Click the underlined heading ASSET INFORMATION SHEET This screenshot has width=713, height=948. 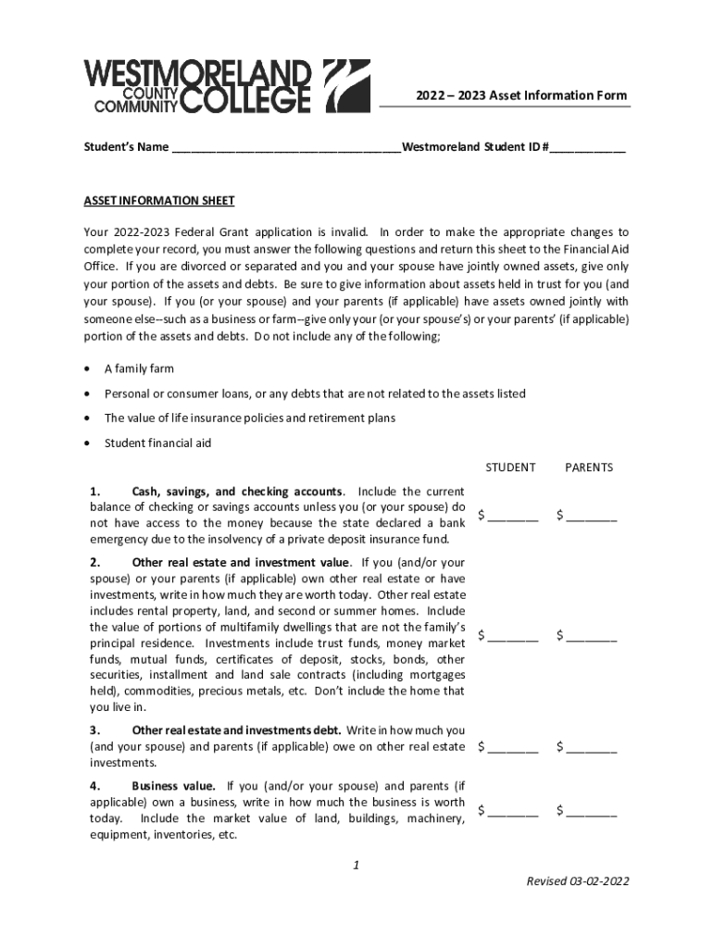[x=159, y=201]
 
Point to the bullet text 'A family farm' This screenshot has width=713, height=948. [x=139, y=368]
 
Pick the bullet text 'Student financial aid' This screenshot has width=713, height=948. [x=157, y=443]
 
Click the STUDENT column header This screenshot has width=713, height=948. [x=510, y=468]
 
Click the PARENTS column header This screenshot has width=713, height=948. [x=589, y=468]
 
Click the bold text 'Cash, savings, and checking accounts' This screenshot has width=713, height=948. [x=238, y=492]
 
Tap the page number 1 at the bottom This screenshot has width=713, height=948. [x=356, y=866]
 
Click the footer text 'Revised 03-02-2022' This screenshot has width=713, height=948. [x=578, y=881]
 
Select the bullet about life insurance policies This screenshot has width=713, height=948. [x=249, y=418]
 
